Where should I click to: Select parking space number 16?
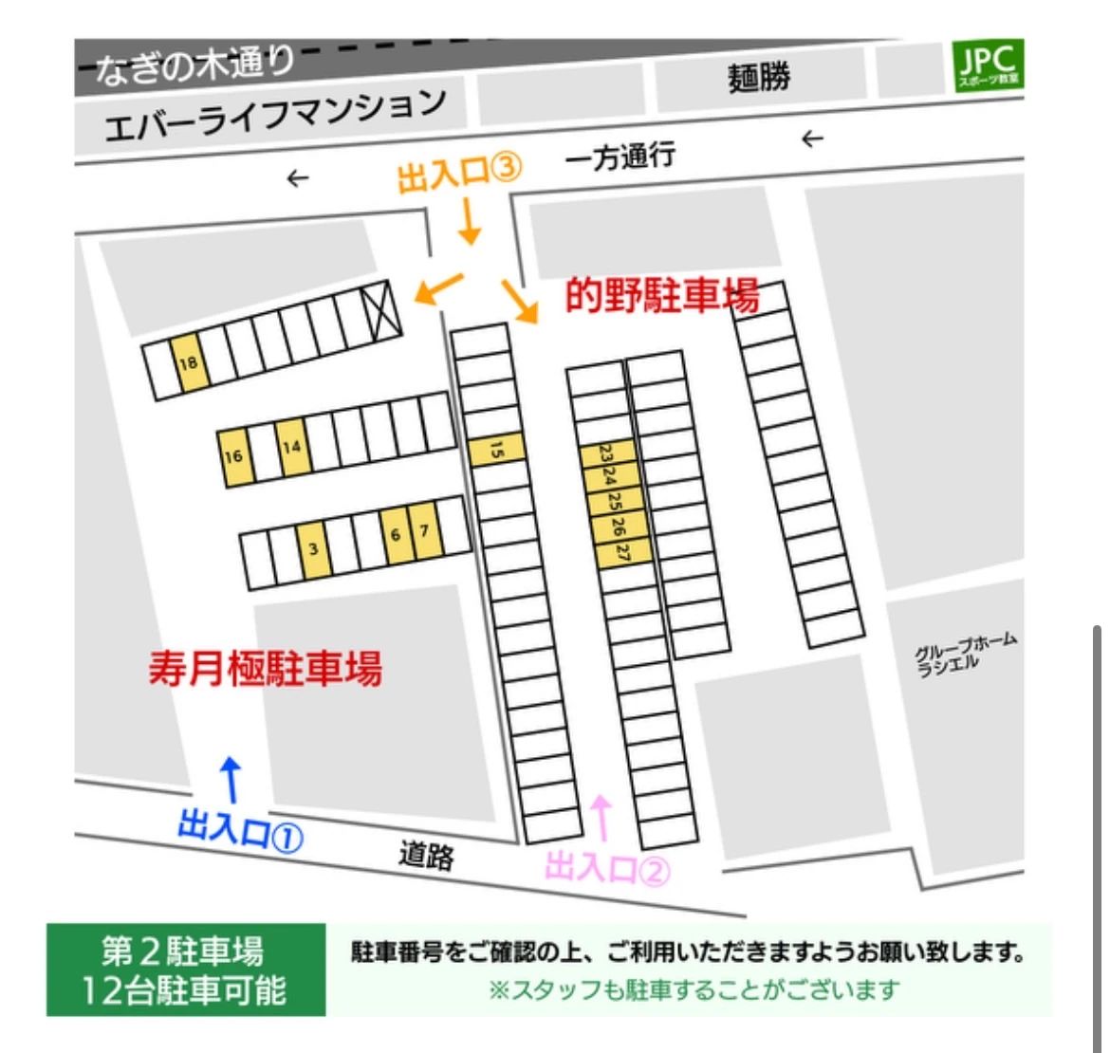point(233,457)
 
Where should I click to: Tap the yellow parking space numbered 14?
point(293,446)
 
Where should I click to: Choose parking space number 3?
point(314,548)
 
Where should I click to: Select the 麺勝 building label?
point(759,77)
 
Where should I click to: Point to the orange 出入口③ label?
point(459,175)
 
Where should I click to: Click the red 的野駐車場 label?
point(662,297)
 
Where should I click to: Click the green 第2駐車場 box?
point(186,970)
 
